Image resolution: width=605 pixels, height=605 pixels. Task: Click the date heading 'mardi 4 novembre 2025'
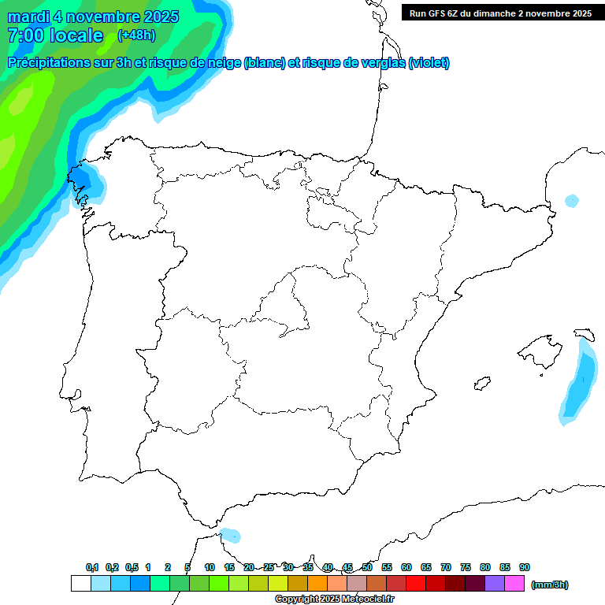93,17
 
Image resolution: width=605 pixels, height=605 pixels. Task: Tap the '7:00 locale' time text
55,35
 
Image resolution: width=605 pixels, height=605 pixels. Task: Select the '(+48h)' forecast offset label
136,35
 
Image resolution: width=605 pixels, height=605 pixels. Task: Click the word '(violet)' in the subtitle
429,63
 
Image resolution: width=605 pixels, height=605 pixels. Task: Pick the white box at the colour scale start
80,584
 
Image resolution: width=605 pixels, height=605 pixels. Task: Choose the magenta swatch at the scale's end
514,584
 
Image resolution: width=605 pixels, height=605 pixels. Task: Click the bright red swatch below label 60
416,584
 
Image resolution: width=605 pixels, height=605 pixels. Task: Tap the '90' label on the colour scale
525,567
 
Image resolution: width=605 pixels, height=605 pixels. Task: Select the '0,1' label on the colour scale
92,567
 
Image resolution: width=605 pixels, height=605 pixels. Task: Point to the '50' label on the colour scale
367,567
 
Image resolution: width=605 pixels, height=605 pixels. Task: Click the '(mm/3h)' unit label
550,585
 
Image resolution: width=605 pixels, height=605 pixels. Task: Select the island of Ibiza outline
481,383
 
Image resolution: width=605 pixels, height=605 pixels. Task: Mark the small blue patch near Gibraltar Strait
230,536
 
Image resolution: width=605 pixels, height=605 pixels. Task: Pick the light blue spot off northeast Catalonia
571,201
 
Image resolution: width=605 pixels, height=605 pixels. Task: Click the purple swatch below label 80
495,584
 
